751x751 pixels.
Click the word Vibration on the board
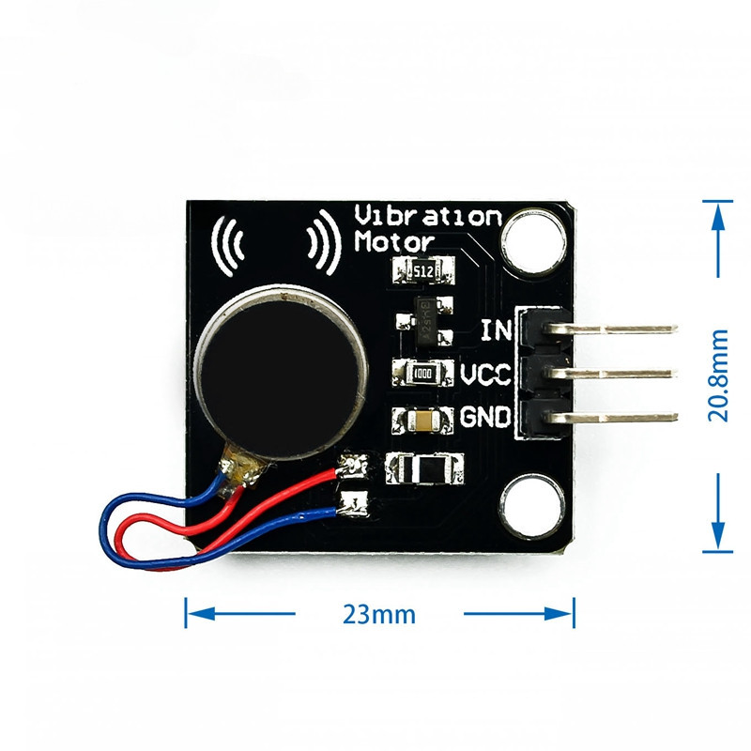428,216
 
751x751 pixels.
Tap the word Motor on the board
394,241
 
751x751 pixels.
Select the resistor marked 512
423,272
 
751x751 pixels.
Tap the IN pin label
495,331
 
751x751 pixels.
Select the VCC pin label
485,375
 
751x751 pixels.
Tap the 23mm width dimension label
379,615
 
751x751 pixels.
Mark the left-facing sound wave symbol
230,246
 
